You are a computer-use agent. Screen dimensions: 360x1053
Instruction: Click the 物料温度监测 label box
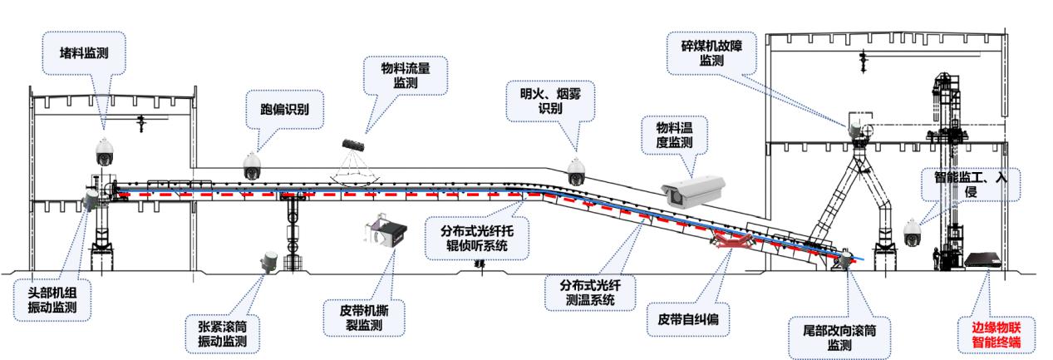coord(674,134)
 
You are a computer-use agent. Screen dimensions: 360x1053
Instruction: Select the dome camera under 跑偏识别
coord(252,165)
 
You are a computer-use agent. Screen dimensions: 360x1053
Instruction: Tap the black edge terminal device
coord(983,260)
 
